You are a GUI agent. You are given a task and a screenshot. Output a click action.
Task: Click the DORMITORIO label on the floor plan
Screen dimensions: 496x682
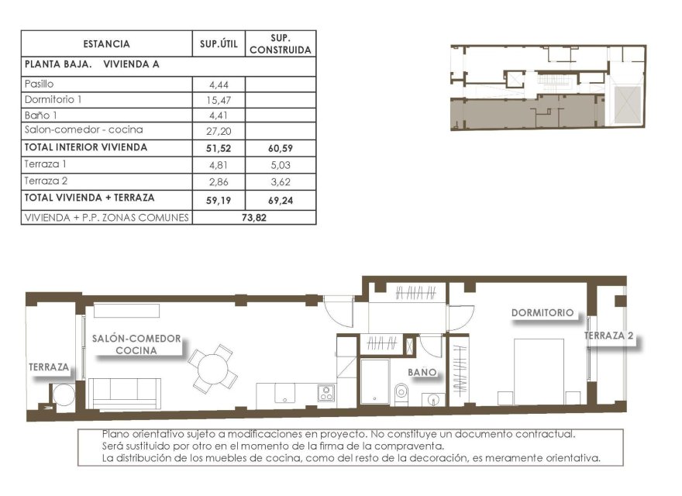tap(542, 313)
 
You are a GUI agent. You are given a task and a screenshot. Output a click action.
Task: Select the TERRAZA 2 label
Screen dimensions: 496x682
tap(609, 336)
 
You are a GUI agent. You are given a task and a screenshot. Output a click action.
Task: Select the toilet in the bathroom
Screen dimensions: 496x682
tap(401, 392)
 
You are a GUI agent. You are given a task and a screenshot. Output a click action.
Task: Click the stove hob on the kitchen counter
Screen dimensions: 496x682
tap(326, 393)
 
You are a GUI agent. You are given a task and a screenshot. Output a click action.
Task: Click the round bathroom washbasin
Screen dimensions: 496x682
tap(432, 399)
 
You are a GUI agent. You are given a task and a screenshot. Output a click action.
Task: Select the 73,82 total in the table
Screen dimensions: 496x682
tap(254, 218)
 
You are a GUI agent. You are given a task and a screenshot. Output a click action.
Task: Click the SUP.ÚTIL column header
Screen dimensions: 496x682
tap(219, 44)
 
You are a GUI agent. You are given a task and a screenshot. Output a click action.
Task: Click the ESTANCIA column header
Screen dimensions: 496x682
tap(106, 44)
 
